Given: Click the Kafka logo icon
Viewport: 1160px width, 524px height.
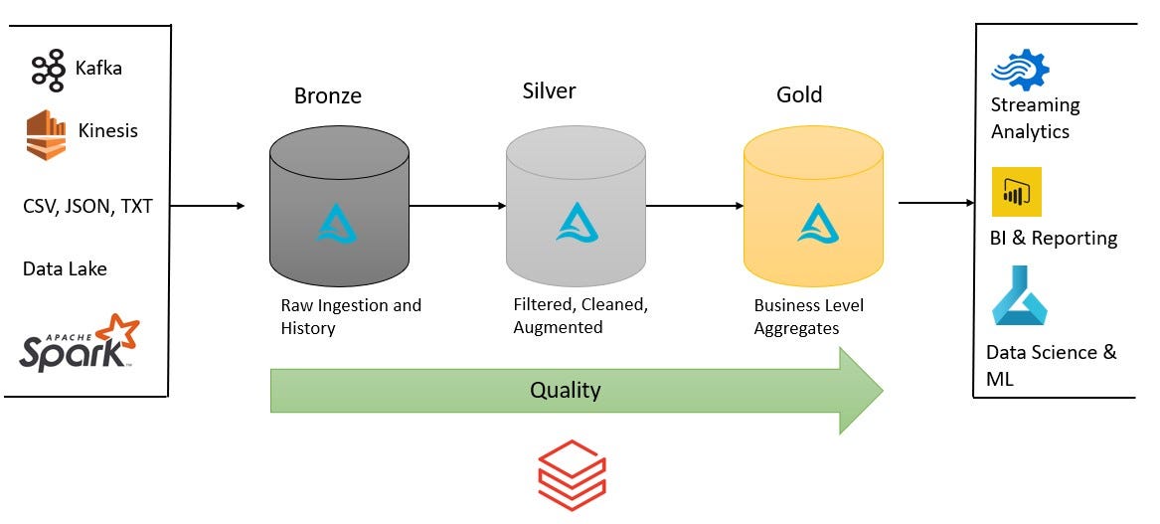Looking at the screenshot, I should pyautogui.click(x=48, y=70).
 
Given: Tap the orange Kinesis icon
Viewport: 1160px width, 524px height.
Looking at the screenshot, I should pyautogui.click(x=45, y=134).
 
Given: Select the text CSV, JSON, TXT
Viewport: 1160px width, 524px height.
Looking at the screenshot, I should pyautogui.click(x=87, y=208).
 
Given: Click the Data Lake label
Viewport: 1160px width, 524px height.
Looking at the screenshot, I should pyautogui.click(x=65, y=268).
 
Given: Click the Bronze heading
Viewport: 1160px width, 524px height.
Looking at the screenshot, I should pyautogui.click(x=328, y=96).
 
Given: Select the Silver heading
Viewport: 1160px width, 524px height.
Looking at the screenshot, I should pyautogui.click(x=549, y=91).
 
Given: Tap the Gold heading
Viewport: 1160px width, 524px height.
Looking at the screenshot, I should pyautogui.click(x=799, y=94).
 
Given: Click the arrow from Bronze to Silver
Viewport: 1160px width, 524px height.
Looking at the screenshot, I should pyautogui.click(x=457, y=207).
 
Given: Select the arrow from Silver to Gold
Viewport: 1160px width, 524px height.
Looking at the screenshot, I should pyautogui.click(x=695, y=207).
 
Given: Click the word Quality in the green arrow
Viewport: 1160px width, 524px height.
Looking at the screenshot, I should pyautogui.click(x=565, y=390).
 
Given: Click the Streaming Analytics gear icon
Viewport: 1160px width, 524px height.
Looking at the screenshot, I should pyautogui.click(x=1020, y=70).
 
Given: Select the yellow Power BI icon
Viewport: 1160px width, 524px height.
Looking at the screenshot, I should pyautogui.click(x=1016, y=192).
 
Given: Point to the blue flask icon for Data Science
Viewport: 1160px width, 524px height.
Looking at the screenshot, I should pyautogui.click(x=1019, y=295).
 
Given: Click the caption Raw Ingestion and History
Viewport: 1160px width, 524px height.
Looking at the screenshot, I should pyautogui.click(x=351, y=316).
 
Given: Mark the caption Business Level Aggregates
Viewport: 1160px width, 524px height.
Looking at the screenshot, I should pyautogui.click(x=808, y=317).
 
